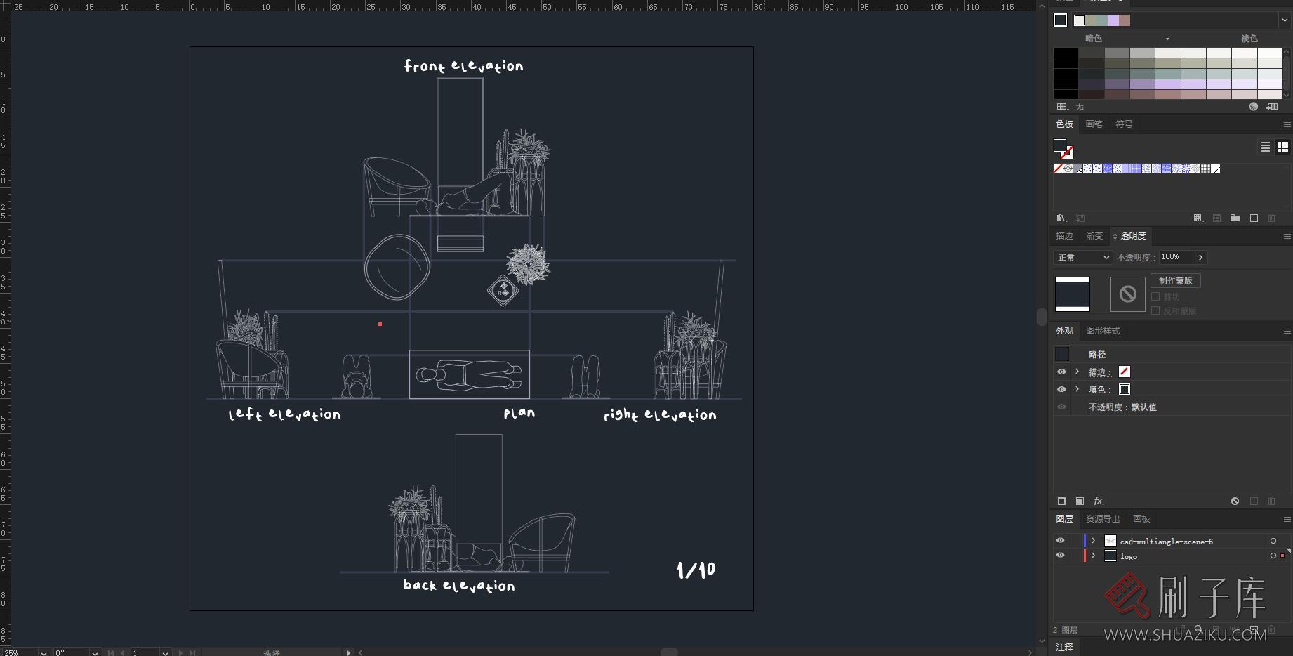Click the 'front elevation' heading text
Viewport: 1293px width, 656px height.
463,66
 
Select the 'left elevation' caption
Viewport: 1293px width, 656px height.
284,414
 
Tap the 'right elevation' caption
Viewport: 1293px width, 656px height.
660,415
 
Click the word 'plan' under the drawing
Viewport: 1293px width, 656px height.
519,414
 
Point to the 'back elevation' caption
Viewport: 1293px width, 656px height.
459,585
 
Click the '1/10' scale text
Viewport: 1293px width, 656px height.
696,570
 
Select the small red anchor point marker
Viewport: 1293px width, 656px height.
380,324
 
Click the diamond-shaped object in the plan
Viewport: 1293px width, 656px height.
503,290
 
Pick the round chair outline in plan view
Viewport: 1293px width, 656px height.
397,266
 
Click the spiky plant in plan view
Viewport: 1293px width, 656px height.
527,264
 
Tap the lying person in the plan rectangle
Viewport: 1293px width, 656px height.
469,375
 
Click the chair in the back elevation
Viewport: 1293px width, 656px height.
542,541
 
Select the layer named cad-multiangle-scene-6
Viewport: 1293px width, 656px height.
1166,542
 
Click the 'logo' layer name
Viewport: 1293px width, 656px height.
1129,556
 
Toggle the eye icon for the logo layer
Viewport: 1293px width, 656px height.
1060,556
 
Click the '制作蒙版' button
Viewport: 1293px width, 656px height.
1175,281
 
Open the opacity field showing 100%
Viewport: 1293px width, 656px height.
1176,257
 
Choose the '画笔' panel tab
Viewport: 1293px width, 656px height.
1094,124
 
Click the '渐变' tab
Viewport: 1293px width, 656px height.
1094,236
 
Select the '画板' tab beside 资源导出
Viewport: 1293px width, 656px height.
1141,519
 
